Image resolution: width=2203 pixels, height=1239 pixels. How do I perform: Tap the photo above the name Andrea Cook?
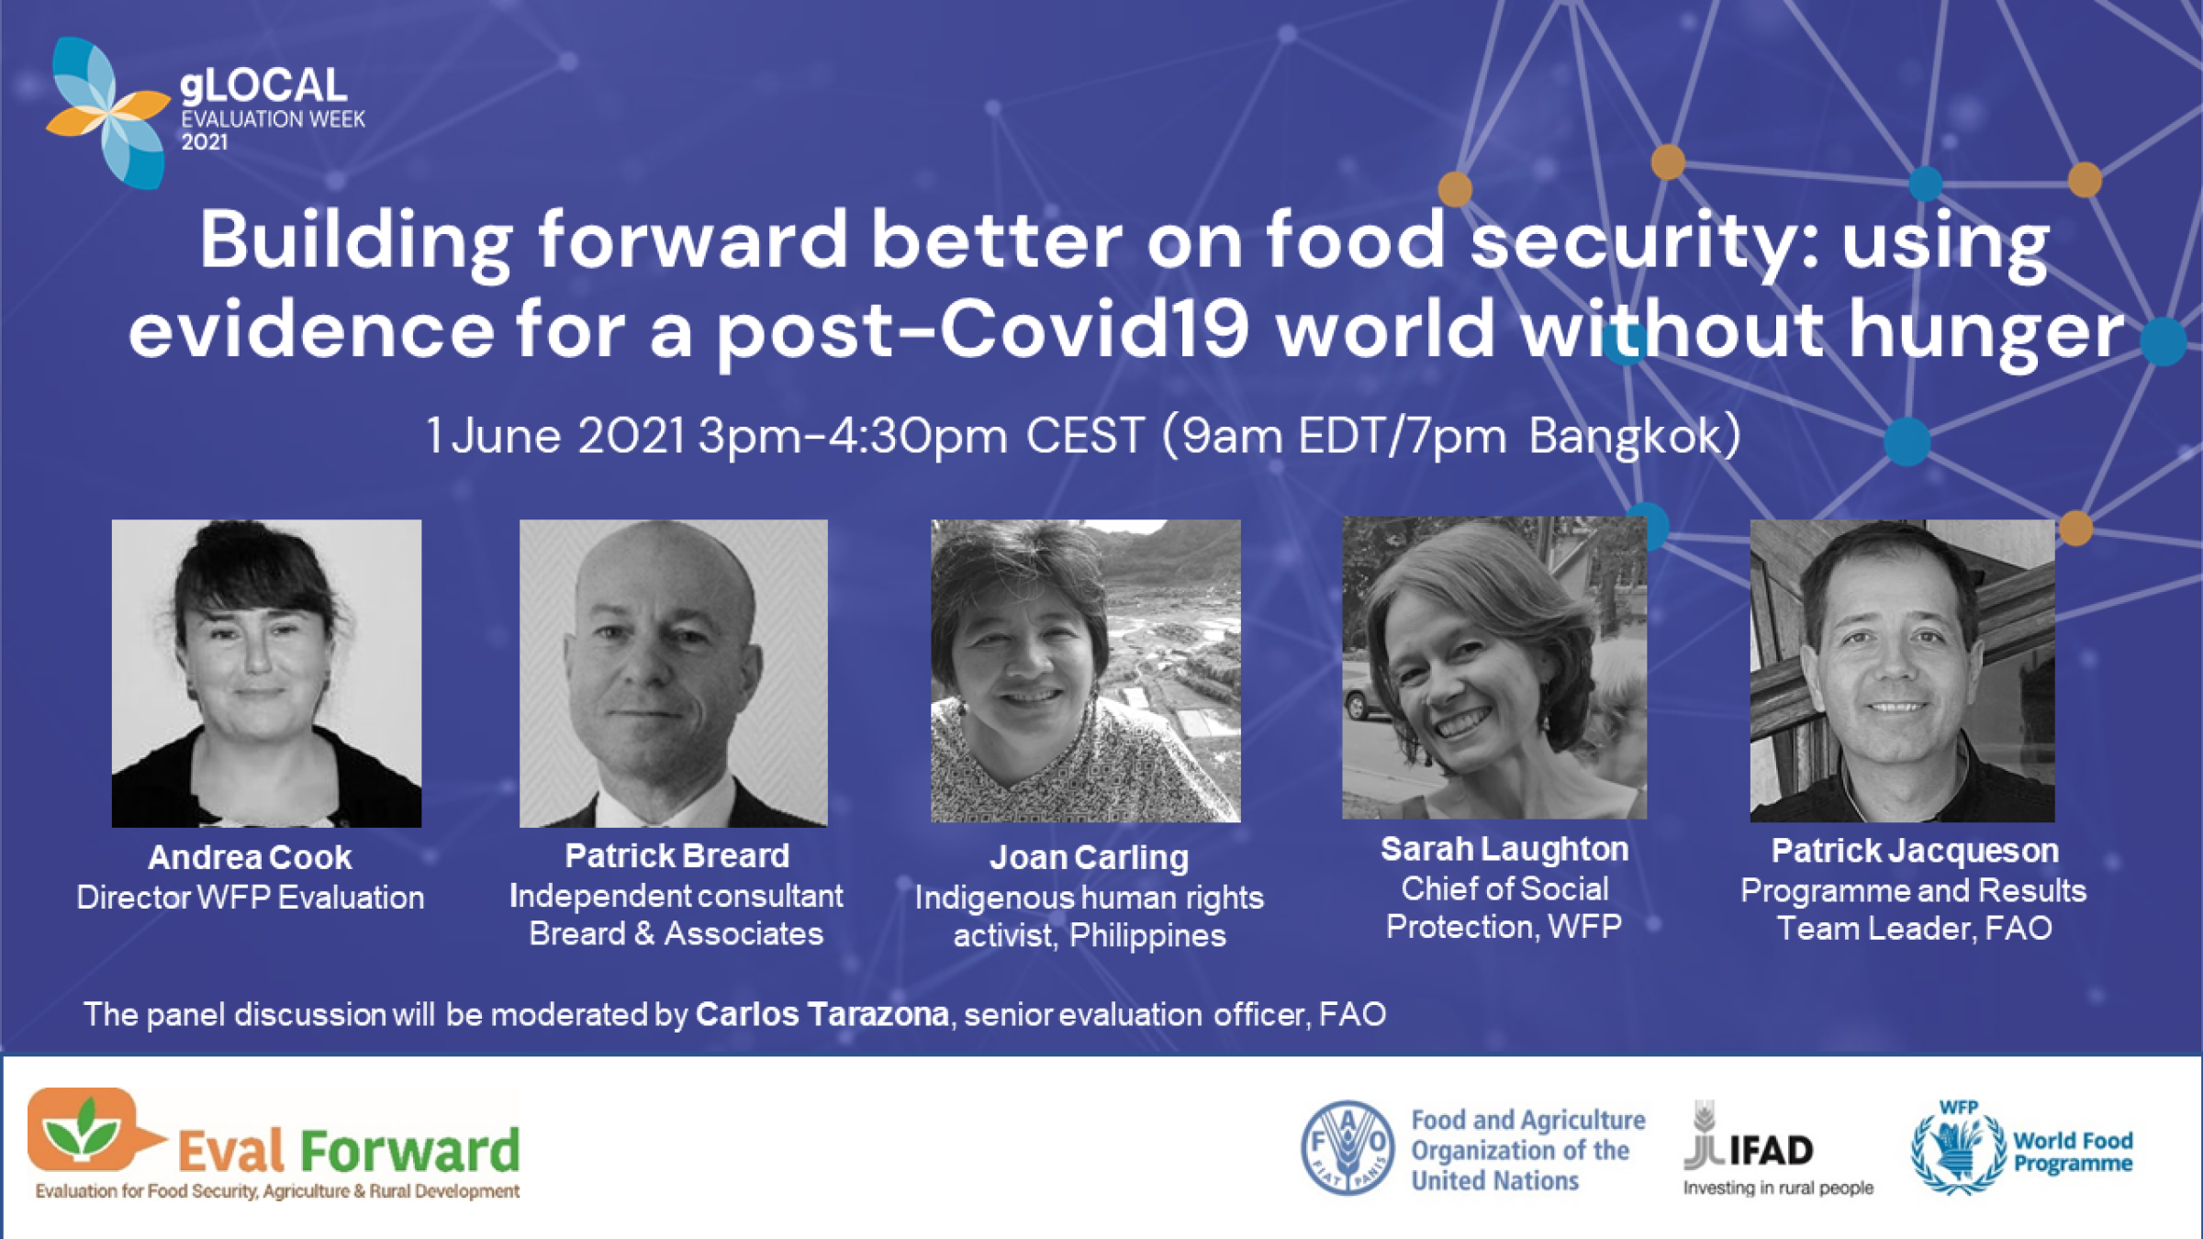(x=266, y=674)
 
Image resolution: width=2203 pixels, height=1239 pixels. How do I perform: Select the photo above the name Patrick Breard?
(x=674, y=674)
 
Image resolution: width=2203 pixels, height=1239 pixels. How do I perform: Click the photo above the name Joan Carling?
(x=1086, y=671)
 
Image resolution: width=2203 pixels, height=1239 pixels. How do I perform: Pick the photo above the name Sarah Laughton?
(x=1494, y=667)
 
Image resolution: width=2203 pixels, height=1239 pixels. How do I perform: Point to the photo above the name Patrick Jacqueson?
(x=1903, y=671)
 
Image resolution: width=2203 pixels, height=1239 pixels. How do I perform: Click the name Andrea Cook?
(x=250, y=857)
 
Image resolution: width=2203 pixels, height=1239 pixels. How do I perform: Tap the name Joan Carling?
(x=1089, y=858)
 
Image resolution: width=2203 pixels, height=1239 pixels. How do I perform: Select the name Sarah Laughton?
(x=1504, y=850)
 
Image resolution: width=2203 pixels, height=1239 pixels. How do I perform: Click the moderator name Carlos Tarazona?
(x=822, y=1014)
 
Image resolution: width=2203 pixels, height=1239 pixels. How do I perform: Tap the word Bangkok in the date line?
(x=1635, y=436)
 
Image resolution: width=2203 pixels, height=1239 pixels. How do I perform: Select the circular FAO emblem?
(x=1348, y=1147)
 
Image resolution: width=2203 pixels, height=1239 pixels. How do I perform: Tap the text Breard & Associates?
(x=676, y=933)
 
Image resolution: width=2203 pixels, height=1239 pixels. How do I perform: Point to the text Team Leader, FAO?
(x=1914, y=929)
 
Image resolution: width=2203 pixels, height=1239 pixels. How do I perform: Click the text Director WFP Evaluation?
(x=250, y=897)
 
